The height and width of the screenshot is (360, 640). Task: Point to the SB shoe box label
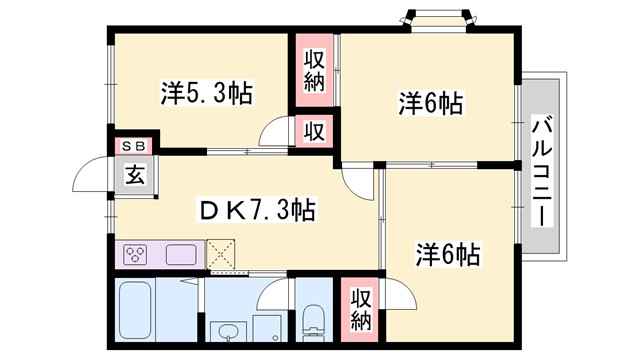[x=134, y=146]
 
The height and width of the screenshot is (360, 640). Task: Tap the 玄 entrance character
[x=134, y=173]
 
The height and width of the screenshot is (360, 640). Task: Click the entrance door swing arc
[x=92, y=180]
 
